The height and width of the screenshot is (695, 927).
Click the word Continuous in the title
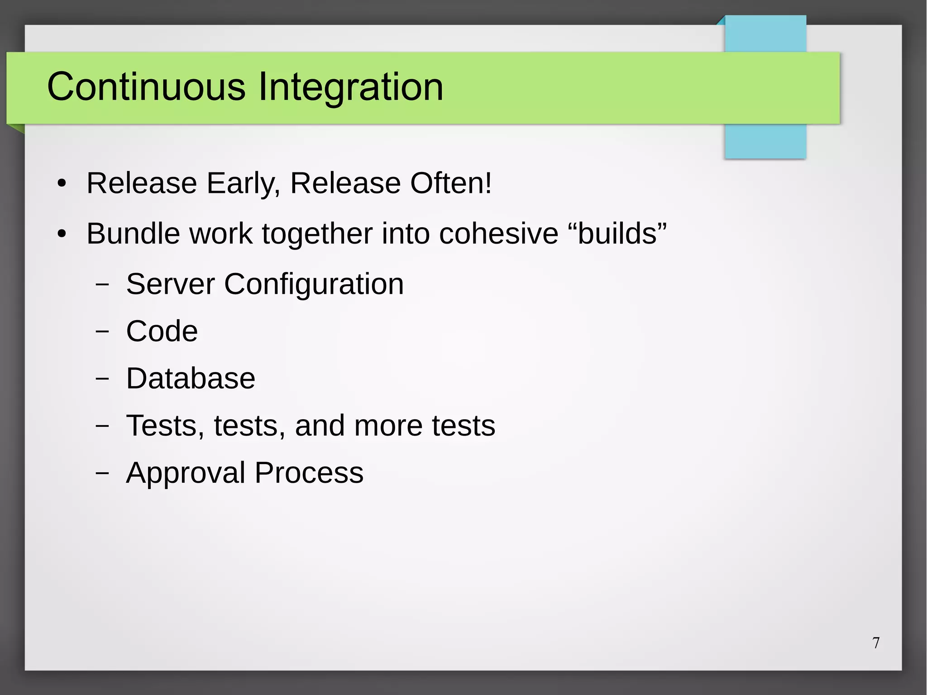146,86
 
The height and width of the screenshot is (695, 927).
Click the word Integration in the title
350,87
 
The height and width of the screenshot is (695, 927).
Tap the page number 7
876,643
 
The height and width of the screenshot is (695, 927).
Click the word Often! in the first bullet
451,183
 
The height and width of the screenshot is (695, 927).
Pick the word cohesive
498,234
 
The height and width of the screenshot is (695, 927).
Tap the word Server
170,284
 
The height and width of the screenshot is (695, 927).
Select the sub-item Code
162,331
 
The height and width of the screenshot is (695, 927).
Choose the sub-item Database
191,378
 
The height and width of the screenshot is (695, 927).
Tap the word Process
309,473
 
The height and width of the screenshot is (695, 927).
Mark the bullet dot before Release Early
62,184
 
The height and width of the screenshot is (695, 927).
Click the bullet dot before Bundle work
62,234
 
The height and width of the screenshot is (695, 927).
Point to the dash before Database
102,379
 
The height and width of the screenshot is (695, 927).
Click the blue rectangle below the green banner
765,141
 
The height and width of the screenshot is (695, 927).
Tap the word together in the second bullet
317,235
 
